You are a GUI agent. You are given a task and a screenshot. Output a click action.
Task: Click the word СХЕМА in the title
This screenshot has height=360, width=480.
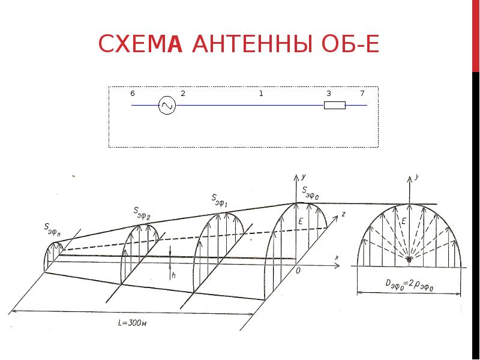[x=140, y=44]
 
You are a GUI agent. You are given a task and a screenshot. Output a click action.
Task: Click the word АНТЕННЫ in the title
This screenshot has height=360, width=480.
[x=253, y=44]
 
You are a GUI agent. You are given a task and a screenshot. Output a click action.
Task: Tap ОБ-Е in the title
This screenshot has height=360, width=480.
[x=350, y=44]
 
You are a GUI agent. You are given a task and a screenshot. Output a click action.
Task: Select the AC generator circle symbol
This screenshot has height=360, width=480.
[x=167, y=106]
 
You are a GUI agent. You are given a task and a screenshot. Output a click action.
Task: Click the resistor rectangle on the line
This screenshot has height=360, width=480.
[x=335, y=106]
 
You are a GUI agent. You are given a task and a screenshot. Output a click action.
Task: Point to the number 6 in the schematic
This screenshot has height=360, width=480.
[x=132, y=94]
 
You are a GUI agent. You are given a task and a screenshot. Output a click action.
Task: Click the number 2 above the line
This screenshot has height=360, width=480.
[x=183, y=94]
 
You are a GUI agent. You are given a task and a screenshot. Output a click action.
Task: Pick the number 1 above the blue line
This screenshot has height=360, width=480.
[x=261, y=94]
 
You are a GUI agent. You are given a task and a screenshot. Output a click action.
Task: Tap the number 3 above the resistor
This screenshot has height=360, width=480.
[x=329, y=94]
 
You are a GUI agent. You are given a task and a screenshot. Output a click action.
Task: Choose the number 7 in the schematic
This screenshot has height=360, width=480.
[x=362, y=94]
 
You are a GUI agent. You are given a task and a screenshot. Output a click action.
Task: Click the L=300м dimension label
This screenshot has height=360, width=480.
[x=132, y=323]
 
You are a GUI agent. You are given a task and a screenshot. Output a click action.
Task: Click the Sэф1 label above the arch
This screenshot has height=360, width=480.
[x=219, y=200]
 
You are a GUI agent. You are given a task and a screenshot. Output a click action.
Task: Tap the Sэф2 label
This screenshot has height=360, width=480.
[x=142, y=214]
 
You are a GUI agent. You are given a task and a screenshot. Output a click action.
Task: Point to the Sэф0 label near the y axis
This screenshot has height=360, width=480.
[x=310, y=193]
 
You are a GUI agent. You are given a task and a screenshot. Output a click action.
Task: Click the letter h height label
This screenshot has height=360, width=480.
[x=173, y=275]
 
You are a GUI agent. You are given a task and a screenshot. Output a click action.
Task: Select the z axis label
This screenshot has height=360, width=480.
[x=343, y=214]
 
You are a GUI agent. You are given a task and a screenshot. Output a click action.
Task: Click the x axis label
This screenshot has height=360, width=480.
[x=337, y=257]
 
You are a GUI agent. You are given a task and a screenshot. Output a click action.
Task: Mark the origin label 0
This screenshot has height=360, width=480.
[x=298, y=271]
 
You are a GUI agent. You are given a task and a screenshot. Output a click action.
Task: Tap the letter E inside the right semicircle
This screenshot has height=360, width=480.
[x=403, y=221]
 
